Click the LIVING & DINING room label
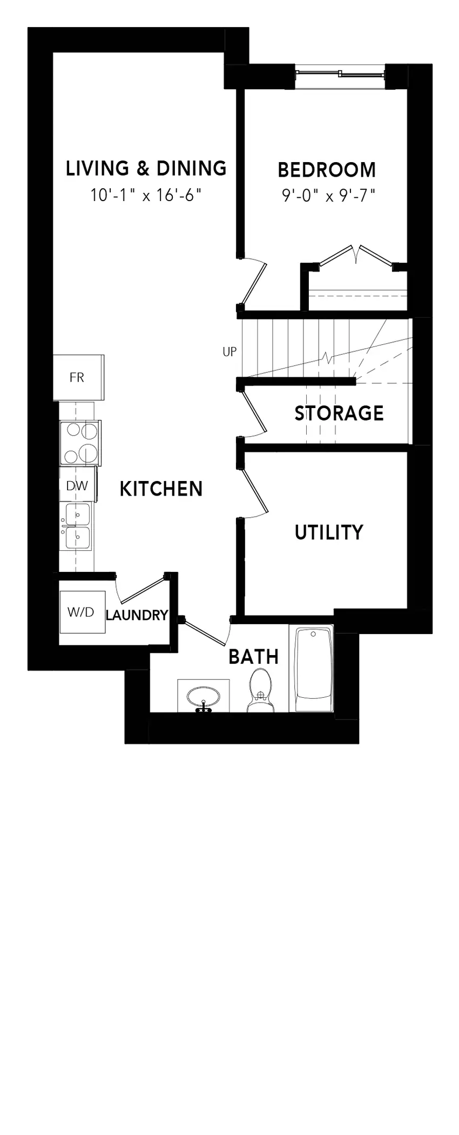click(x=146, y=168)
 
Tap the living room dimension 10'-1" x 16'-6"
click(x=146, y=195)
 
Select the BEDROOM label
click(x=327, y=170)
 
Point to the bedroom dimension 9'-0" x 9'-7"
click(x=328, y=195)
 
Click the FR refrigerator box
click(x=78, y=377)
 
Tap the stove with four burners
click(x=80, y=443)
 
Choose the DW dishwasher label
click(x=77, y=485)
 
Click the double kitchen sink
click(x=76, y=526)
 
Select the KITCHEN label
click(x=161, y=489)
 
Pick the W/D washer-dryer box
click(x=82, y=612)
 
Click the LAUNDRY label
click(x=137, y=615)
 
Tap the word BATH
click(x=253, y=657)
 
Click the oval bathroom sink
click(x=203, y=697)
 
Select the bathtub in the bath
click(x=312, y=669)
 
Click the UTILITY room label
click(x=329, y=532)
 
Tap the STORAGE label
click(x=339, y=413)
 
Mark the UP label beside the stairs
click(x=230, y=352)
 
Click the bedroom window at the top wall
click(x=341, y=75)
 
